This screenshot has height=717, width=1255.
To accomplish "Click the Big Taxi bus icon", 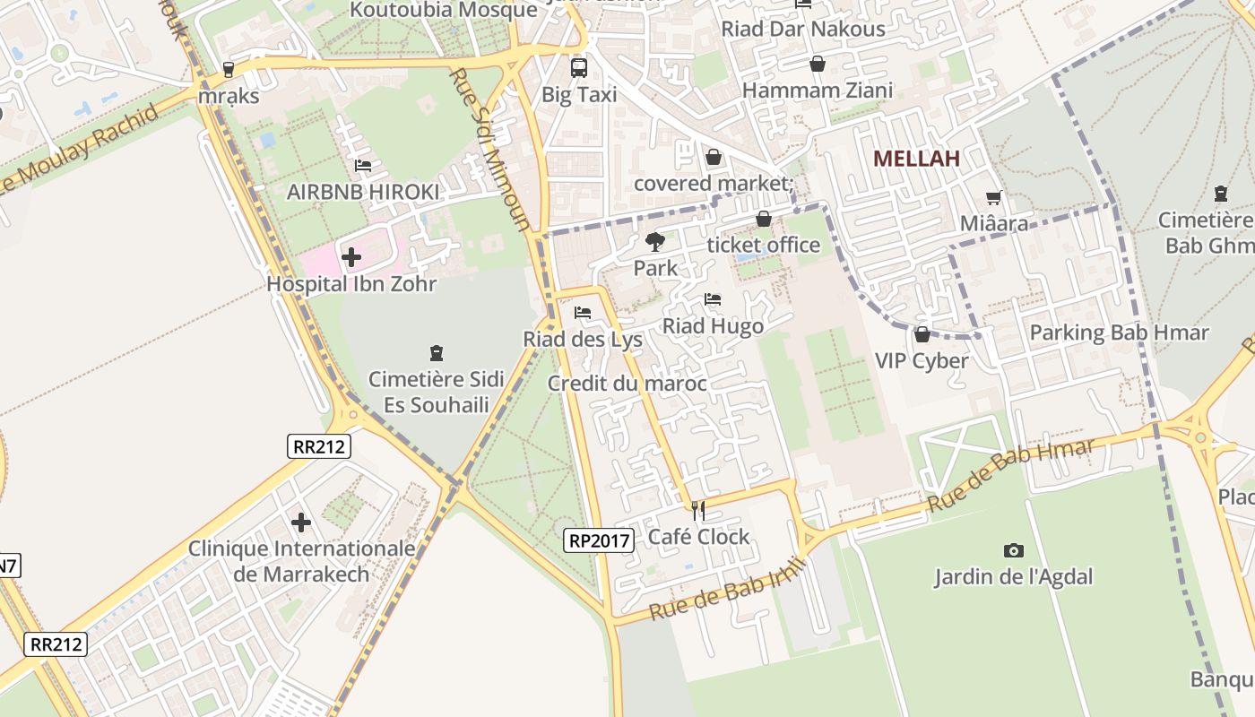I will pyautogui.click(x=579, y=67).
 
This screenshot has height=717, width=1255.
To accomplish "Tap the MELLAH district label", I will pyautogui.click(x=916, y=159).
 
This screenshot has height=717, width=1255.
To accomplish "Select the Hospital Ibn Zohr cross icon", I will pyautogui.click(x=351, y=257).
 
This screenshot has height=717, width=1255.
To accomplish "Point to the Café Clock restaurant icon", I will pyautogui.click(x=698, y=511).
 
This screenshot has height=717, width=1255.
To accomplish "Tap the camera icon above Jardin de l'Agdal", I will pyautogui.click(x=1014, y=550).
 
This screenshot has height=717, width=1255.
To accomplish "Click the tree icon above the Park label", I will pyautogui.click(x=655, y=241).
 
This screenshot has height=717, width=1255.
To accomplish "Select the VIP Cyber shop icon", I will pyautogui.click(x=922, y=334).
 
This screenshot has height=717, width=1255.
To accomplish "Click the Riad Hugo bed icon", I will pyautogui.click(x=713, y=299).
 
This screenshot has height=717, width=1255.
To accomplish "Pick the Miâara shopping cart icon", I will pyautogui.click(x=993, y=197).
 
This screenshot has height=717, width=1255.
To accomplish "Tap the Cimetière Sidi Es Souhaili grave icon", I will pyautogui.click(x=437, y=353).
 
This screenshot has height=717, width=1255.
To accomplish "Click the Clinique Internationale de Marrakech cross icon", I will pyautogui.click(x=301, y=522).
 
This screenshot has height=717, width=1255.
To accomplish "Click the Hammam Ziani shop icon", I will pyautogui.click(x=817, y=64).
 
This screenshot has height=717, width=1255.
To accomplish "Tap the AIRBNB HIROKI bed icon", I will pyautogui.click(x=363, y=165).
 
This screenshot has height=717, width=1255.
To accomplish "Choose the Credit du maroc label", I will pyautogui.click(x=627, y=384).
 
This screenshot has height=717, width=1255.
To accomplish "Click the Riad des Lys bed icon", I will pyautogui.click(x=583, y=313).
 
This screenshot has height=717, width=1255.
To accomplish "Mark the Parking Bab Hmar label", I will pyautogui.click(x=1119, y=333).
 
